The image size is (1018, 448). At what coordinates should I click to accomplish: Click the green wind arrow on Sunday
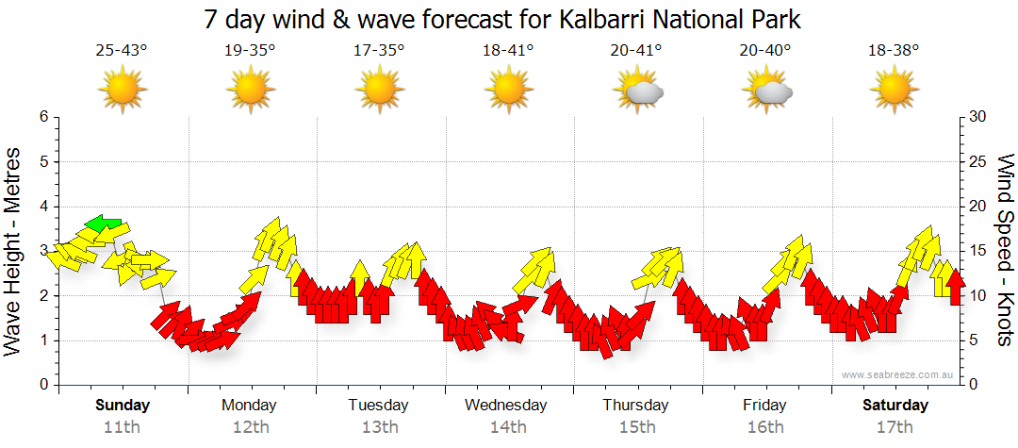pyautogui.click(x=103, y=224)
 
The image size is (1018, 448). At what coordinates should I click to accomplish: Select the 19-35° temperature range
pyautogui.click(x=250, y=50)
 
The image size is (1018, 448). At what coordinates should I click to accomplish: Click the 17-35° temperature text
pyautogui.click(x=379, y=50)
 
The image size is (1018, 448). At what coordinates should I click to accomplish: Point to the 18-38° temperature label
pyautogui.click(x=894, y=50)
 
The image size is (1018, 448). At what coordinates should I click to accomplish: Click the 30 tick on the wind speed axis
pyautogui.click(x=977, y=117)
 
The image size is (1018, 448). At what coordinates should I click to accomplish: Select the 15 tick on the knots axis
pyautogui.click(x=977, y=251)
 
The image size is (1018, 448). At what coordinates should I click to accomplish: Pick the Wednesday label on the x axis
pyautogui.click(x=506, y=406)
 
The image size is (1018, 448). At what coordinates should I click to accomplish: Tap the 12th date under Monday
pyautogui.click(x=249, y=426)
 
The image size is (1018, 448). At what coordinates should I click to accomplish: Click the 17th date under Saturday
pyautogui.click(x=895, y=426)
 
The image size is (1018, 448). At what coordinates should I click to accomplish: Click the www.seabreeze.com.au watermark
pyautogui.click(x=898, y=374)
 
